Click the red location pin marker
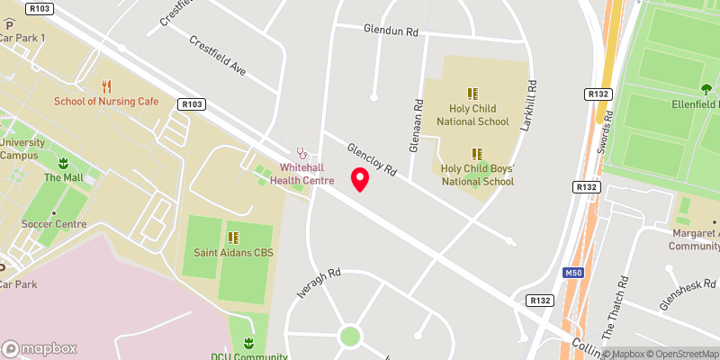360,179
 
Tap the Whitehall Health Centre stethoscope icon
302,153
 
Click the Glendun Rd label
391,31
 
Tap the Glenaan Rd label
418,115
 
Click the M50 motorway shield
572,272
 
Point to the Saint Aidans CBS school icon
234,238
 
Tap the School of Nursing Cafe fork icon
106,86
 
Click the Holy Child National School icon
472,93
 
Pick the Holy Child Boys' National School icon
477,154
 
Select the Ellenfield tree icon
706,89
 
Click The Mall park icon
64,163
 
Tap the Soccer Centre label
54,224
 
